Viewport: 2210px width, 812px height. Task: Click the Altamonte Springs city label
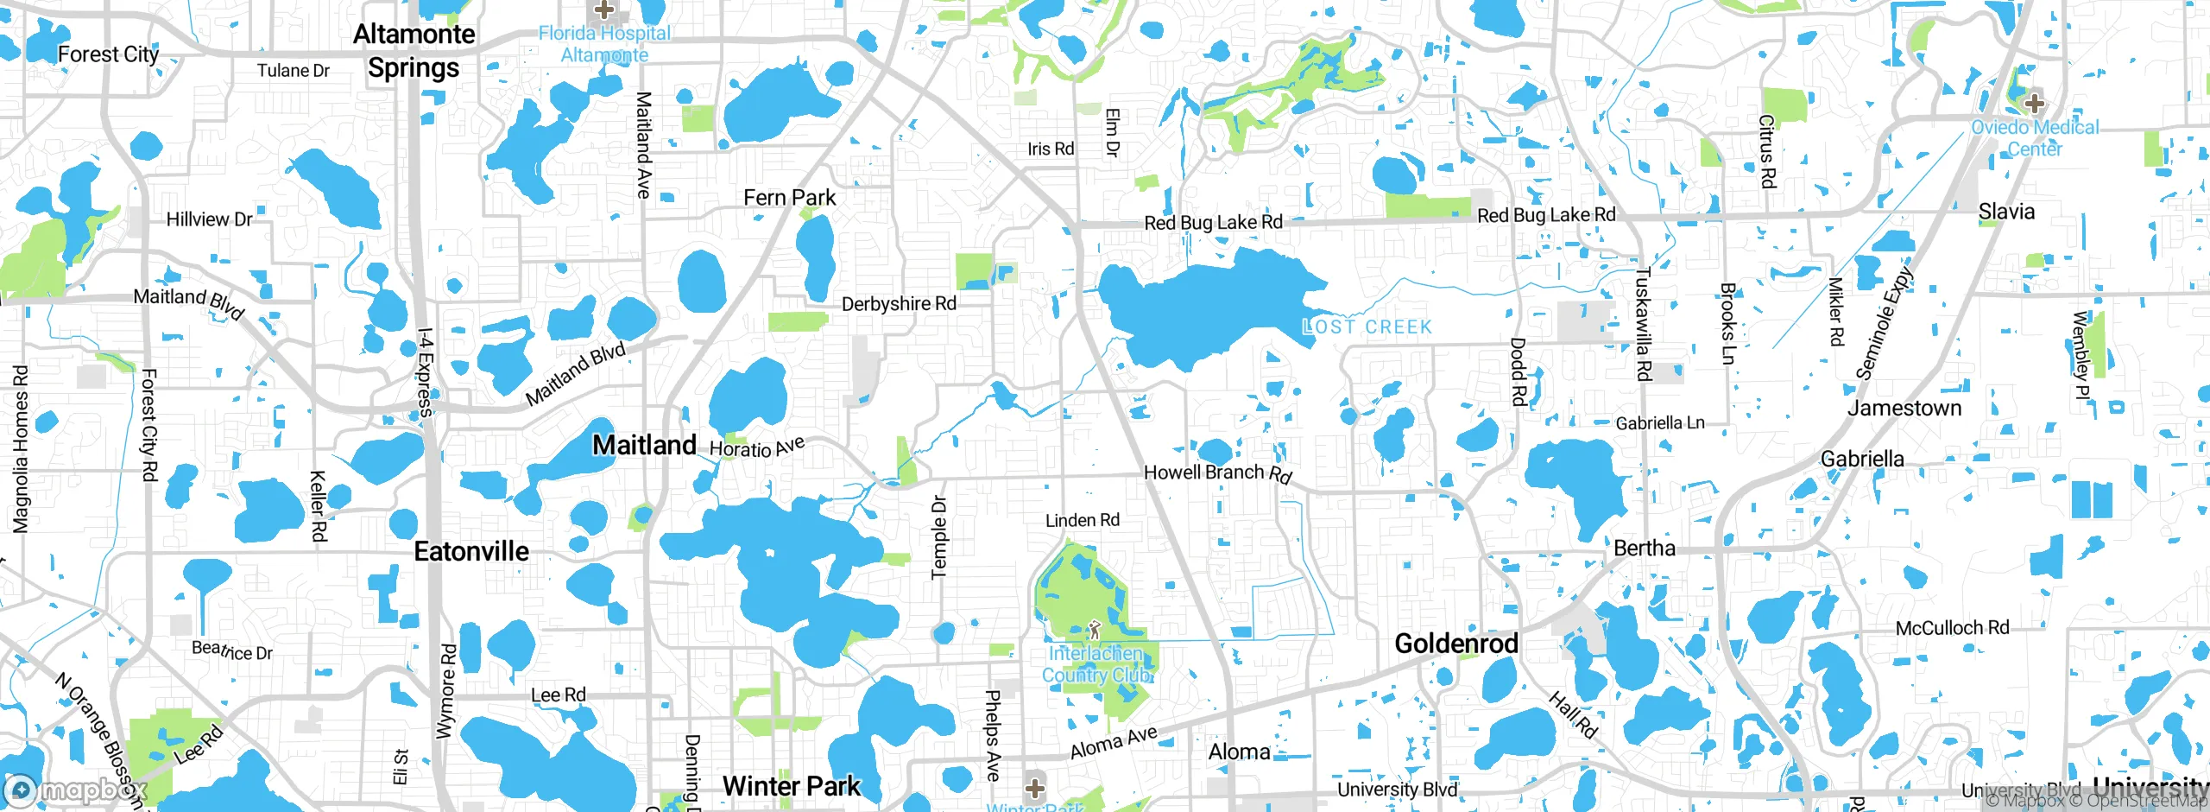414,51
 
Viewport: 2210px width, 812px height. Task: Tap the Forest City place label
109,54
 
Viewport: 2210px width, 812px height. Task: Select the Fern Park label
789,198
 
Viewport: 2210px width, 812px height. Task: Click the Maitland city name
644,445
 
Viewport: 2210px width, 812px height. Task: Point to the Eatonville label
471,551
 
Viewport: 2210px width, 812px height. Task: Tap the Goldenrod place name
1456,644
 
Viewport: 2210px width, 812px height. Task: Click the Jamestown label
1904,408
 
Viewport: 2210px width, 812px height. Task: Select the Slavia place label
2006,212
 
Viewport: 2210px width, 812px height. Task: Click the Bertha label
1644,549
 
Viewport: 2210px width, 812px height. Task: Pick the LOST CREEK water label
1367,327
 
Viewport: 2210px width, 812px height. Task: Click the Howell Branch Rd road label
1217,473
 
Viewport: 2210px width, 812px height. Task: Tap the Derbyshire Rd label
899,304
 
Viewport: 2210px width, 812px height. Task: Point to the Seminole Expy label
1884,325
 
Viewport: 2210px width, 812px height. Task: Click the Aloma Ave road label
1114,742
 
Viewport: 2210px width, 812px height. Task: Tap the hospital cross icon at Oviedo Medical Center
2035,104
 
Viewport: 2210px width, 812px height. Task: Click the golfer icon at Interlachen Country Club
1095,630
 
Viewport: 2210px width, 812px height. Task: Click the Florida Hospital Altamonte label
604,44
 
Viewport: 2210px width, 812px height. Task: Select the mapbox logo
76,790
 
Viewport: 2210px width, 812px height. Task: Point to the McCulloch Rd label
1952,628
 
